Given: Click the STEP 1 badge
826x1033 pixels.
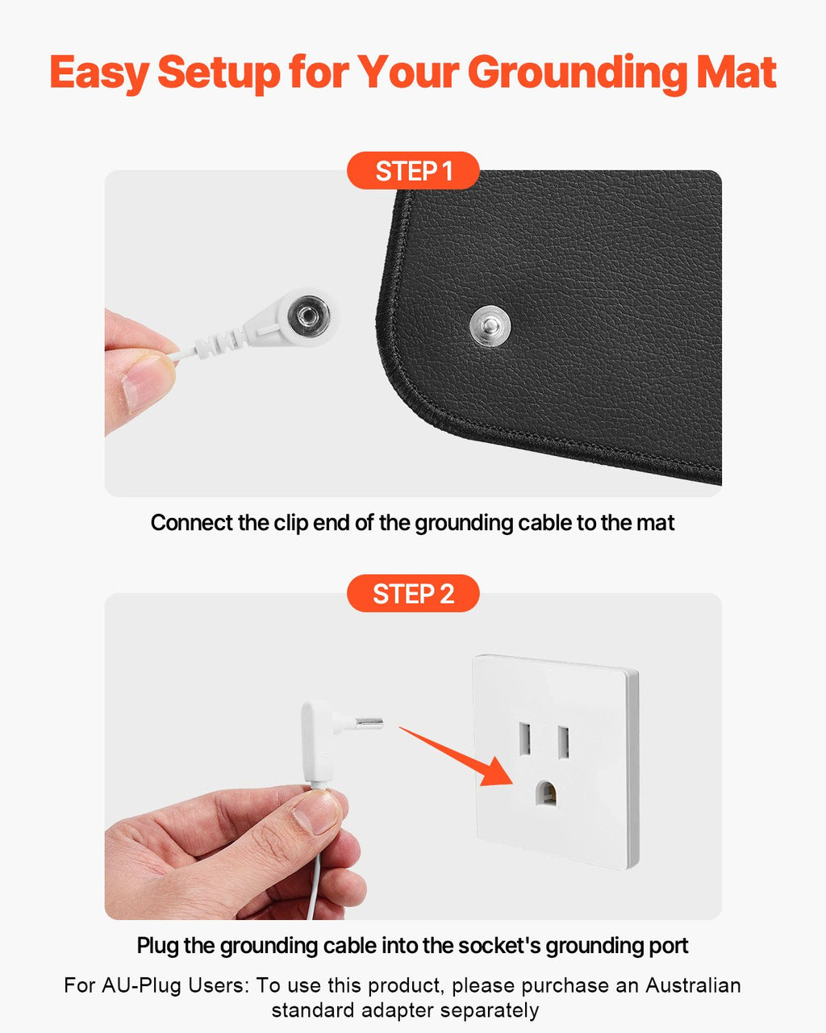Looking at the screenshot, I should click(x=413, y=171).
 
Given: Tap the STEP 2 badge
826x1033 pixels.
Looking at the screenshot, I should click(x=413, y=594).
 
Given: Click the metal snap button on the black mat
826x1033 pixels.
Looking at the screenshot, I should click(x=490, y=327).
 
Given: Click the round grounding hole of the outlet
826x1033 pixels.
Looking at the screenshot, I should click(x=549, y=794).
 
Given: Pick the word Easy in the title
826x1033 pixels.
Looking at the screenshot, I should click(x=99, y=73).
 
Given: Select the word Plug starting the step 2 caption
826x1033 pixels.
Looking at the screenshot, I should click(x=157, y=946).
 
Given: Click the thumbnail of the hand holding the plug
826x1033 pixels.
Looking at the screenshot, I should click(x=317, y=811).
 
